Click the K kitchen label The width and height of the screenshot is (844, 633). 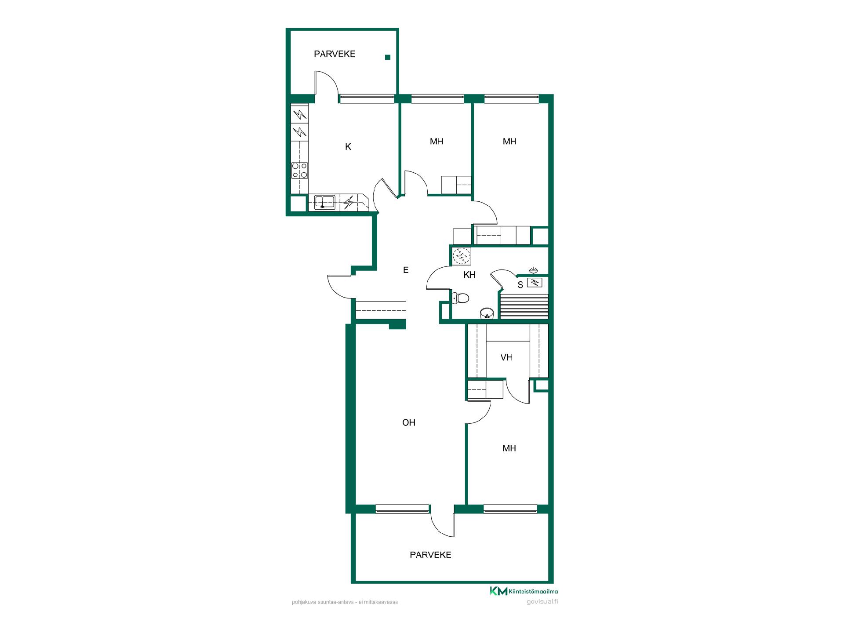point(348,147)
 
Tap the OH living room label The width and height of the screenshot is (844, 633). point(409,422)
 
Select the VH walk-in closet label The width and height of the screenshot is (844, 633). point(506,357)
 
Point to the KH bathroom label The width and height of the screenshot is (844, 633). point(469,275)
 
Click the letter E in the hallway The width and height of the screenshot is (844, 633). point(406,270)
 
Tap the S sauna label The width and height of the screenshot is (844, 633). point(520,285)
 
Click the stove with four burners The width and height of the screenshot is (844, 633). point(300,171)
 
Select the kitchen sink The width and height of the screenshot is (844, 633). point(325,203)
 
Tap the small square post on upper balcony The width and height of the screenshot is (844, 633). point(388,57)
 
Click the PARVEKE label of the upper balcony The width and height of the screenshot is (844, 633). point(335,54)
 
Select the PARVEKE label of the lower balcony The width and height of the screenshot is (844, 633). point(430,555)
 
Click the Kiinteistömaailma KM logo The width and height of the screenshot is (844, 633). point(524,591)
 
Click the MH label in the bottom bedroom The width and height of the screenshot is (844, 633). point(509,448)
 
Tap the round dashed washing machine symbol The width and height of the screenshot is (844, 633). point(462,256)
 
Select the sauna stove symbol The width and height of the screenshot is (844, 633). point(535,283)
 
